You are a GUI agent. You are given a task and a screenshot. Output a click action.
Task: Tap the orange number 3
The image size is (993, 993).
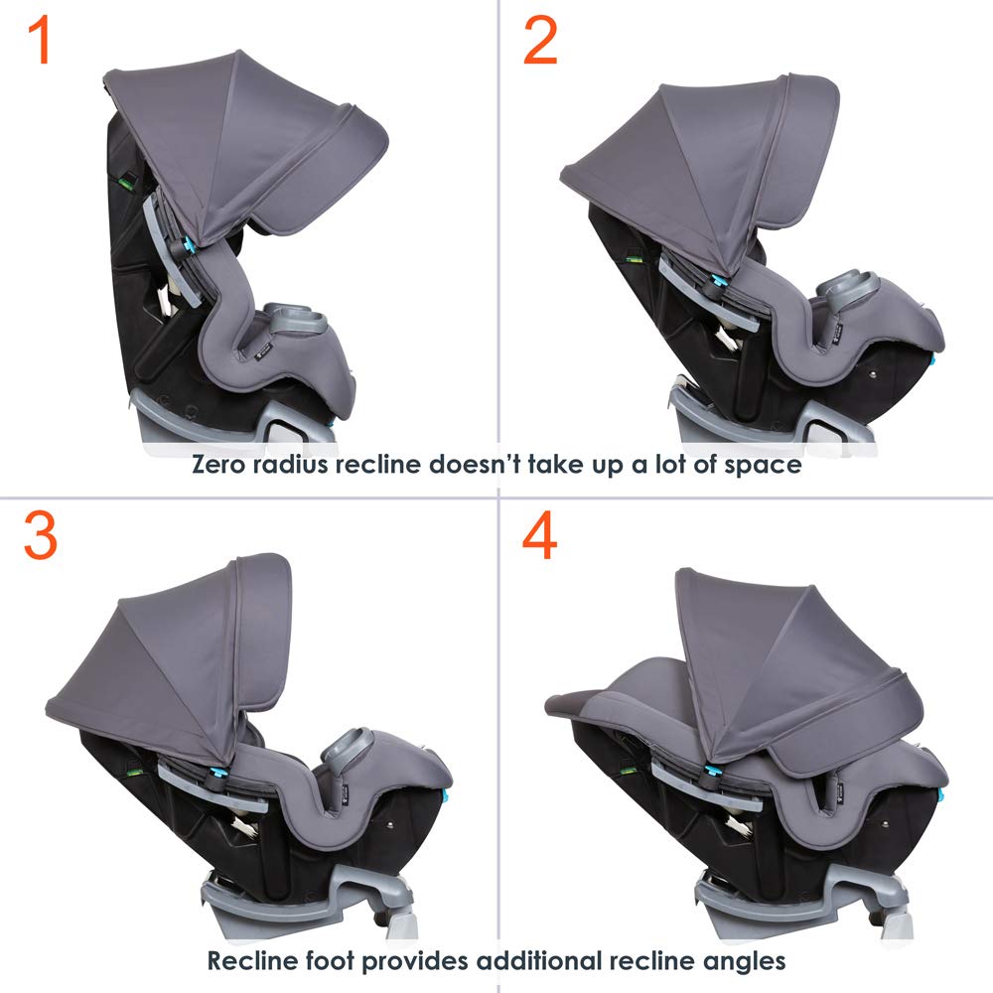(x=41, y=537)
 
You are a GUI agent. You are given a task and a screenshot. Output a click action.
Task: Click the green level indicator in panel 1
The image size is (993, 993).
(x=128, y=182)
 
